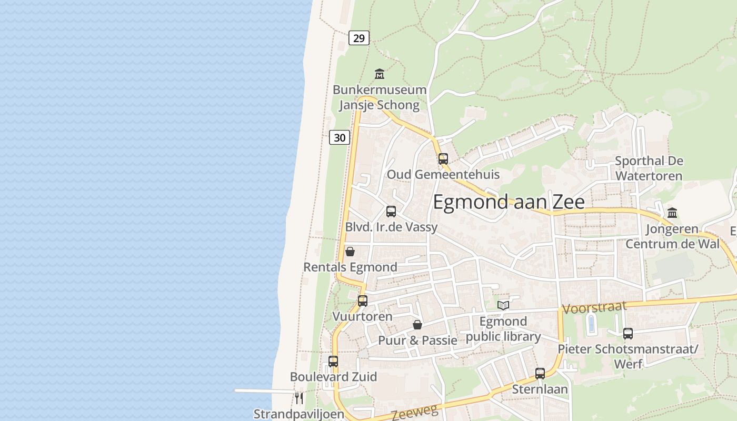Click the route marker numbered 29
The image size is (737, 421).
coord(358,38)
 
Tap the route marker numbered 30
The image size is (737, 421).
coord(340,137)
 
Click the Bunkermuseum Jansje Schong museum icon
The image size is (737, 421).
coord(379,74)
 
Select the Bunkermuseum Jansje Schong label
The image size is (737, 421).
coord(379,97)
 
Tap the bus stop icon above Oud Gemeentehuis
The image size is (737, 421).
coord(443,158)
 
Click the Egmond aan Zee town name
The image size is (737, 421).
coord(508,202)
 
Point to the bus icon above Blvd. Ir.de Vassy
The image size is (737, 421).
coord(391,212)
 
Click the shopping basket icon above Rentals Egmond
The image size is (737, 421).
coord(350,252)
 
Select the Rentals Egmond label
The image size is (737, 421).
coord(350,267)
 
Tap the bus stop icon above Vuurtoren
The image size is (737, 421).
coord(362,301)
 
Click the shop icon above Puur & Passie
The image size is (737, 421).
coord(417,325)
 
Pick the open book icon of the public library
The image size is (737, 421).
coord(503,305)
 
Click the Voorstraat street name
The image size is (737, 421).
coord(595,307)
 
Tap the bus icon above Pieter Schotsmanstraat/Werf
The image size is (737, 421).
coord(628,333)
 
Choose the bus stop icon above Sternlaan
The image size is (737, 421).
coord(540,373)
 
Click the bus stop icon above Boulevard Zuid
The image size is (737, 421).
coord(333,362)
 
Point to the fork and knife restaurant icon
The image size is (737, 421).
coord(298,398)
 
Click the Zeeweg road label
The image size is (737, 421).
coord(415,414)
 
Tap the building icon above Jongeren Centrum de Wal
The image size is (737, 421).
coord(672,213)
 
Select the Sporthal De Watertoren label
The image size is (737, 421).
coord(649,168)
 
